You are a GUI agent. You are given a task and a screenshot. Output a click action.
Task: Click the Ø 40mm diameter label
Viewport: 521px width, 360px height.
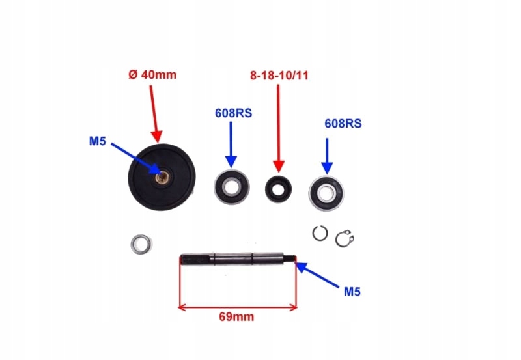[x=152, y=74]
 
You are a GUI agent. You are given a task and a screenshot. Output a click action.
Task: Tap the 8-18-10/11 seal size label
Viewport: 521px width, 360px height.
[x=279, y=76]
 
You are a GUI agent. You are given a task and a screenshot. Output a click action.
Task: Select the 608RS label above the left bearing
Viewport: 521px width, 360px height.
[x=233, y=113]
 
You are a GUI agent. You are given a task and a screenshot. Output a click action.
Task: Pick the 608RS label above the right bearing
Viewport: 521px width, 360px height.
[x=343, y=124]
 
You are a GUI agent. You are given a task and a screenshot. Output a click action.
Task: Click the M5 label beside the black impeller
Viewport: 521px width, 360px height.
[x=97, y=141]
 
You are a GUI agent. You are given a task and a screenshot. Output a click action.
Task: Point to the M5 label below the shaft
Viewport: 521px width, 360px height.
[x=352, y=292]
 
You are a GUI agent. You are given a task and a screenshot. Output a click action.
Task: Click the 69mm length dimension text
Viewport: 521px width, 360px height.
[x=236, y=317]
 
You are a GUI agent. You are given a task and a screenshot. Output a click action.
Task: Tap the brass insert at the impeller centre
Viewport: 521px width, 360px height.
[x=163, y=178]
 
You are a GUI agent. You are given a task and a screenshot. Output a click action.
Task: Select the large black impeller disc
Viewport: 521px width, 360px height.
[x=162, y=176]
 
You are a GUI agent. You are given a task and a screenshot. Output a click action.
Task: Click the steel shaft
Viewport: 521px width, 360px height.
[x=237, y=258]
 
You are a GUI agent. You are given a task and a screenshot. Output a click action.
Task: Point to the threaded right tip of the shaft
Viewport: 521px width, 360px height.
[x=290, y=258]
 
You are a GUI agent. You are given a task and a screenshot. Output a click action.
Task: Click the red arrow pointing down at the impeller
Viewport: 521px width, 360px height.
[x=154, y=114]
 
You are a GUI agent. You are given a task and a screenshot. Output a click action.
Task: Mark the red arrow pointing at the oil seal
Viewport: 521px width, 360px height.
[x=279, y=128]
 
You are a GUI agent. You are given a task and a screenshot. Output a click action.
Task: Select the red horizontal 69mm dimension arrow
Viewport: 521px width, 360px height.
[x=237, y=307]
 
